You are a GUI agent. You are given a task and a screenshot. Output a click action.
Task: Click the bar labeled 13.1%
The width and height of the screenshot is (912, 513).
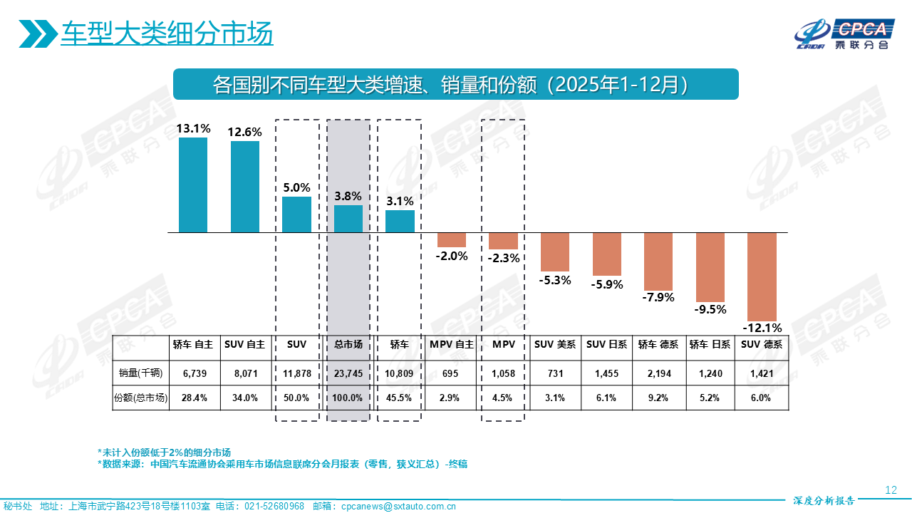[x=193, y=185]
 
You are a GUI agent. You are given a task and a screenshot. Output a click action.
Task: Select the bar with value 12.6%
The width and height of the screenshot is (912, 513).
[x=245, y=187]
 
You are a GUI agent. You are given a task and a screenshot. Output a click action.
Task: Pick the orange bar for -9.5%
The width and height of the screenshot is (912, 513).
[x=710, y=267]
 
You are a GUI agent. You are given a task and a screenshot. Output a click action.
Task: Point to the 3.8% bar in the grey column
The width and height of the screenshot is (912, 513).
[x=348, y=219]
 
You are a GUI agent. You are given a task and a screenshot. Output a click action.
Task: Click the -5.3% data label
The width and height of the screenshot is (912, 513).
[x=556, y=280]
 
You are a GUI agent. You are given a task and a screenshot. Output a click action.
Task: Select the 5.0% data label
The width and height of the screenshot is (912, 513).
[x=296, y=188]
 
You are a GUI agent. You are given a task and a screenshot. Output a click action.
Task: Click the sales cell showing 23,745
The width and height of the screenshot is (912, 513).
[x=348, y=373]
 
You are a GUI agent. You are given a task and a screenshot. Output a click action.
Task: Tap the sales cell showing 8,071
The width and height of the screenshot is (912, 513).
[x=245, y=373]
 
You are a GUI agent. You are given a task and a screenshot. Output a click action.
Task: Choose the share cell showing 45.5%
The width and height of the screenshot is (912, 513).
[x=400, y=398]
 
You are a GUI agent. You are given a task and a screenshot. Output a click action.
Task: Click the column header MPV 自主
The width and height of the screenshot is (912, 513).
[x=451, y=345]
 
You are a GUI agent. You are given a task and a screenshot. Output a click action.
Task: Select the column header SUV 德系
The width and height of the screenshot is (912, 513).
[x=761, y=345]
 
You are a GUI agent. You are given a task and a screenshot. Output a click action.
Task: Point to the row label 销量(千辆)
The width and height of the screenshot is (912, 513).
[x=140, y=373]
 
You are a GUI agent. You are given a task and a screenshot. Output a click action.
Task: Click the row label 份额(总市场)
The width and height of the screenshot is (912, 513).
[x=140, y=398]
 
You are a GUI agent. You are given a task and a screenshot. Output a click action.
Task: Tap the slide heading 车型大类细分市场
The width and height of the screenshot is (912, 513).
[x=167, y=33]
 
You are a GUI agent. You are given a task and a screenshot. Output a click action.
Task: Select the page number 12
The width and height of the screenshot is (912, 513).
[x=890, y=489]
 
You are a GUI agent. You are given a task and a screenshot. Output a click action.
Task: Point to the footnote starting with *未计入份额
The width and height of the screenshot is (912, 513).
[x=164, y=452]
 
